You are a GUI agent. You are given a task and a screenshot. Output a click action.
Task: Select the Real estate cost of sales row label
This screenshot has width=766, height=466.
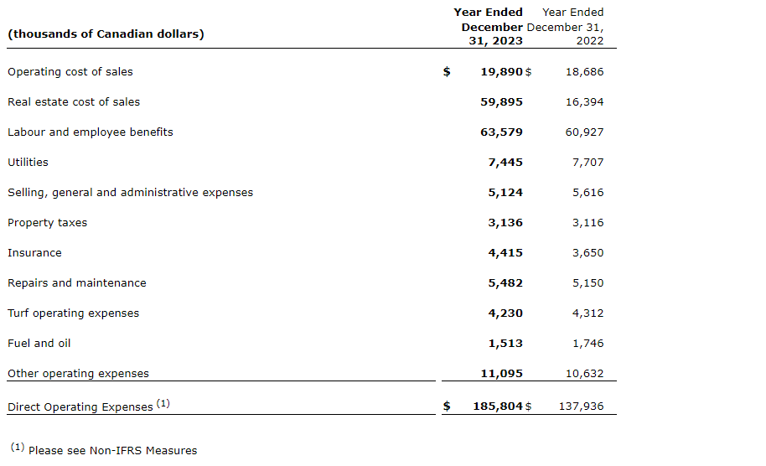pos(74,102)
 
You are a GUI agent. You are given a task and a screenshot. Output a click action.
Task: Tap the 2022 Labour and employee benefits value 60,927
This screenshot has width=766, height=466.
pos(584,132)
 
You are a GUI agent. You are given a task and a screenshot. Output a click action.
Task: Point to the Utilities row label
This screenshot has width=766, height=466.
pos(28,163)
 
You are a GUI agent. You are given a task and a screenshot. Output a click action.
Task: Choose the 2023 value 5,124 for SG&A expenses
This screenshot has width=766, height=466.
pos(505,193)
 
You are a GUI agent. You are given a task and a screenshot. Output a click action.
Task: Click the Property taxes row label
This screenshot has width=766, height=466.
pos(47,223)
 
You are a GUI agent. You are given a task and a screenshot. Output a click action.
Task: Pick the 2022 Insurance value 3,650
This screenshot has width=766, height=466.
pos(587,253)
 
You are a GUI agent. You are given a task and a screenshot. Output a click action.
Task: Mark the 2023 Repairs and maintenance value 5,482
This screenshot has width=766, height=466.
pos(505,283)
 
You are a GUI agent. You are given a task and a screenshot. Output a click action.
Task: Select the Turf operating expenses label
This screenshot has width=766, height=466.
pos(74,313)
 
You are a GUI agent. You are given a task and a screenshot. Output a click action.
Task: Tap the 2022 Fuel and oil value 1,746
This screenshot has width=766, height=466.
pos(587,344)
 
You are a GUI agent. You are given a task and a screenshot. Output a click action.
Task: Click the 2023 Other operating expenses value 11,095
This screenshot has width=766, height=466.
pos(501,374)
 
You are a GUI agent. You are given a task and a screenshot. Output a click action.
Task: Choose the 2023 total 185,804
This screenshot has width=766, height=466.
pos(498,406)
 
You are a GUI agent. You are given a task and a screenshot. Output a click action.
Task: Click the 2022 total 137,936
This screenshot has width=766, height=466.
pos(581,406)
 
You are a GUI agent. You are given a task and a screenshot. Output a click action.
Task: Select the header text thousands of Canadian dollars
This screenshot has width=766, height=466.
pos(106,34)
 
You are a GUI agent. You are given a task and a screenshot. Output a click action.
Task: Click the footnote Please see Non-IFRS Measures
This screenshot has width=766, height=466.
pos(112,451)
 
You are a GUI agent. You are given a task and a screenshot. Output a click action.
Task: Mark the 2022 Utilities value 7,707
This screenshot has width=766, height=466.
pos(587,163)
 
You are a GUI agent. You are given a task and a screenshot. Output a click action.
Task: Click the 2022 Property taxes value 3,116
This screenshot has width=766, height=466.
pos(587,223)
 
